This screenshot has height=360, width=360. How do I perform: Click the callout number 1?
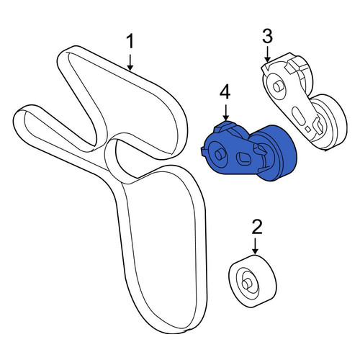[130, 42]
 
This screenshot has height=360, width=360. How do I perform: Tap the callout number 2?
[256, 228]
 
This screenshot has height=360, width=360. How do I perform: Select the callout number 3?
[267, 37]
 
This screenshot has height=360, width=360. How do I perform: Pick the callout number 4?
[225, 93]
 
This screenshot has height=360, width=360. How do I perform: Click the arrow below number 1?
[130, 63]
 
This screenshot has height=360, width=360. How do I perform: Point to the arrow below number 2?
[256, 246]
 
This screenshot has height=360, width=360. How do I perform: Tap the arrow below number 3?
[267, 55]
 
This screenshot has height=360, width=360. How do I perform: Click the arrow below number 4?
[225, 112]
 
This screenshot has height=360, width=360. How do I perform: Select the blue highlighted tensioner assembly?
[249, 152]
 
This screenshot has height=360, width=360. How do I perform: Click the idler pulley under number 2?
[253, 282]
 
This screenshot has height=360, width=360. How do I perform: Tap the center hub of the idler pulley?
[246, 283]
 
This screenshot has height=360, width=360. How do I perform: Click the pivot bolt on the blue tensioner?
[219, 154]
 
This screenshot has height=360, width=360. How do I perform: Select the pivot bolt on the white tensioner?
[278, 86]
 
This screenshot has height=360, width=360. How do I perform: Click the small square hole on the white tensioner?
[308, 129]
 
